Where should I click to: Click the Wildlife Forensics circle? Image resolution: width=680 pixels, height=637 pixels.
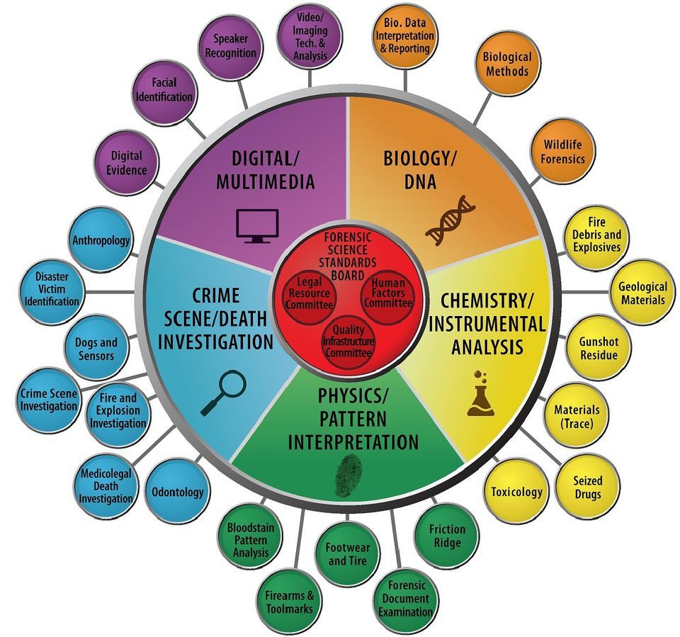point(562,151)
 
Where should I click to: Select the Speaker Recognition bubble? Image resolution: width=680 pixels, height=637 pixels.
point(231,47)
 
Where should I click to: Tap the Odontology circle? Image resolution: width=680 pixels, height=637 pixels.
point(178,491)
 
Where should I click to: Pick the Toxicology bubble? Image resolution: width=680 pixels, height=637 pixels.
point(516,491)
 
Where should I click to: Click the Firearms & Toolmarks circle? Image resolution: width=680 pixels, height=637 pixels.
point(290,602)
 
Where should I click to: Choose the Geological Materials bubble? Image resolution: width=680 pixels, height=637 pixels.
point(642,293)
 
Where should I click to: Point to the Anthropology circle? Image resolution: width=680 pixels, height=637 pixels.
point(101,240)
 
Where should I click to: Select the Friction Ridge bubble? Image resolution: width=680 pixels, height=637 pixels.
point(447,535)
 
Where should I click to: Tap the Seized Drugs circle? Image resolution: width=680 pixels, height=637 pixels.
point(588,487)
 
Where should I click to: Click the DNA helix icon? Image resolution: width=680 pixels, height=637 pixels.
point(450,220)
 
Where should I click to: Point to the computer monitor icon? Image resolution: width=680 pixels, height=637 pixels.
point(257,225)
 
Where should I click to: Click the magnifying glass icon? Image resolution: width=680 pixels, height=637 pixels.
point(224,393)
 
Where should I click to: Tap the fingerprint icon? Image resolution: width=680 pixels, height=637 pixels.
point(348,475)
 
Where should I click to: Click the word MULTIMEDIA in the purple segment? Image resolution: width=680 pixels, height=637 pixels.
point(266,182)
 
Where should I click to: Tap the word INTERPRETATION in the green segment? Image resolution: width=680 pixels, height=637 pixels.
point(353,443)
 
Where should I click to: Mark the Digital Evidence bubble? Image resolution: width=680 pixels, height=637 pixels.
point(127,162)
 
